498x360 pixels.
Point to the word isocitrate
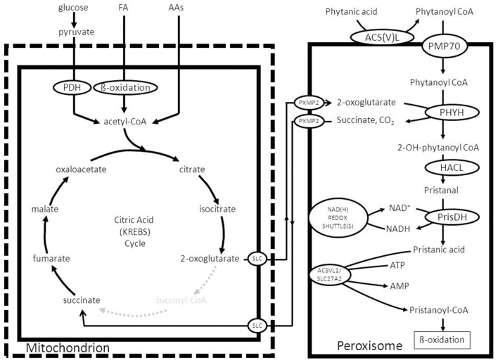tap(217, 210)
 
